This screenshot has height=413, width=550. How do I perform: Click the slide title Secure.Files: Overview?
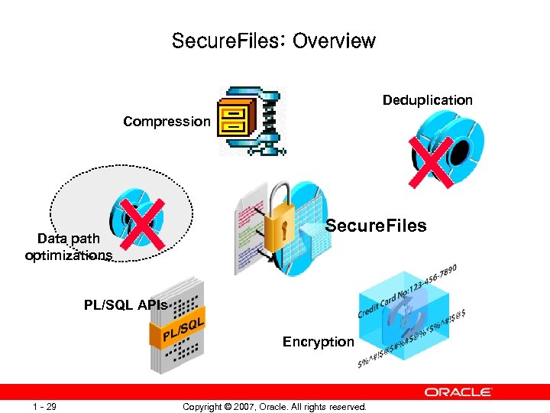[x=273, y=41]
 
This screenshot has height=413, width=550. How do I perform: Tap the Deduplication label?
[x=427, y=100]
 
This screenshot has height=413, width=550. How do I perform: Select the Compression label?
[x=167, y=121]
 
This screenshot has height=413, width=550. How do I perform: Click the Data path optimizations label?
[x=68, y=247]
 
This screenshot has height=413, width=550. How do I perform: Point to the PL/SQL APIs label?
[x=125, y=305]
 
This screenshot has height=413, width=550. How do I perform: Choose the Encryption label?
[x=318, y=342]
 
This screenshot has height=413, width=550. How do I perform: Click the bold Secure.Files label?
[x=376, y=226]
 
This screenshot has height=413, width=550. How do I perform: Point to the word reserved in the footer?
[x=348, y=406]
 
